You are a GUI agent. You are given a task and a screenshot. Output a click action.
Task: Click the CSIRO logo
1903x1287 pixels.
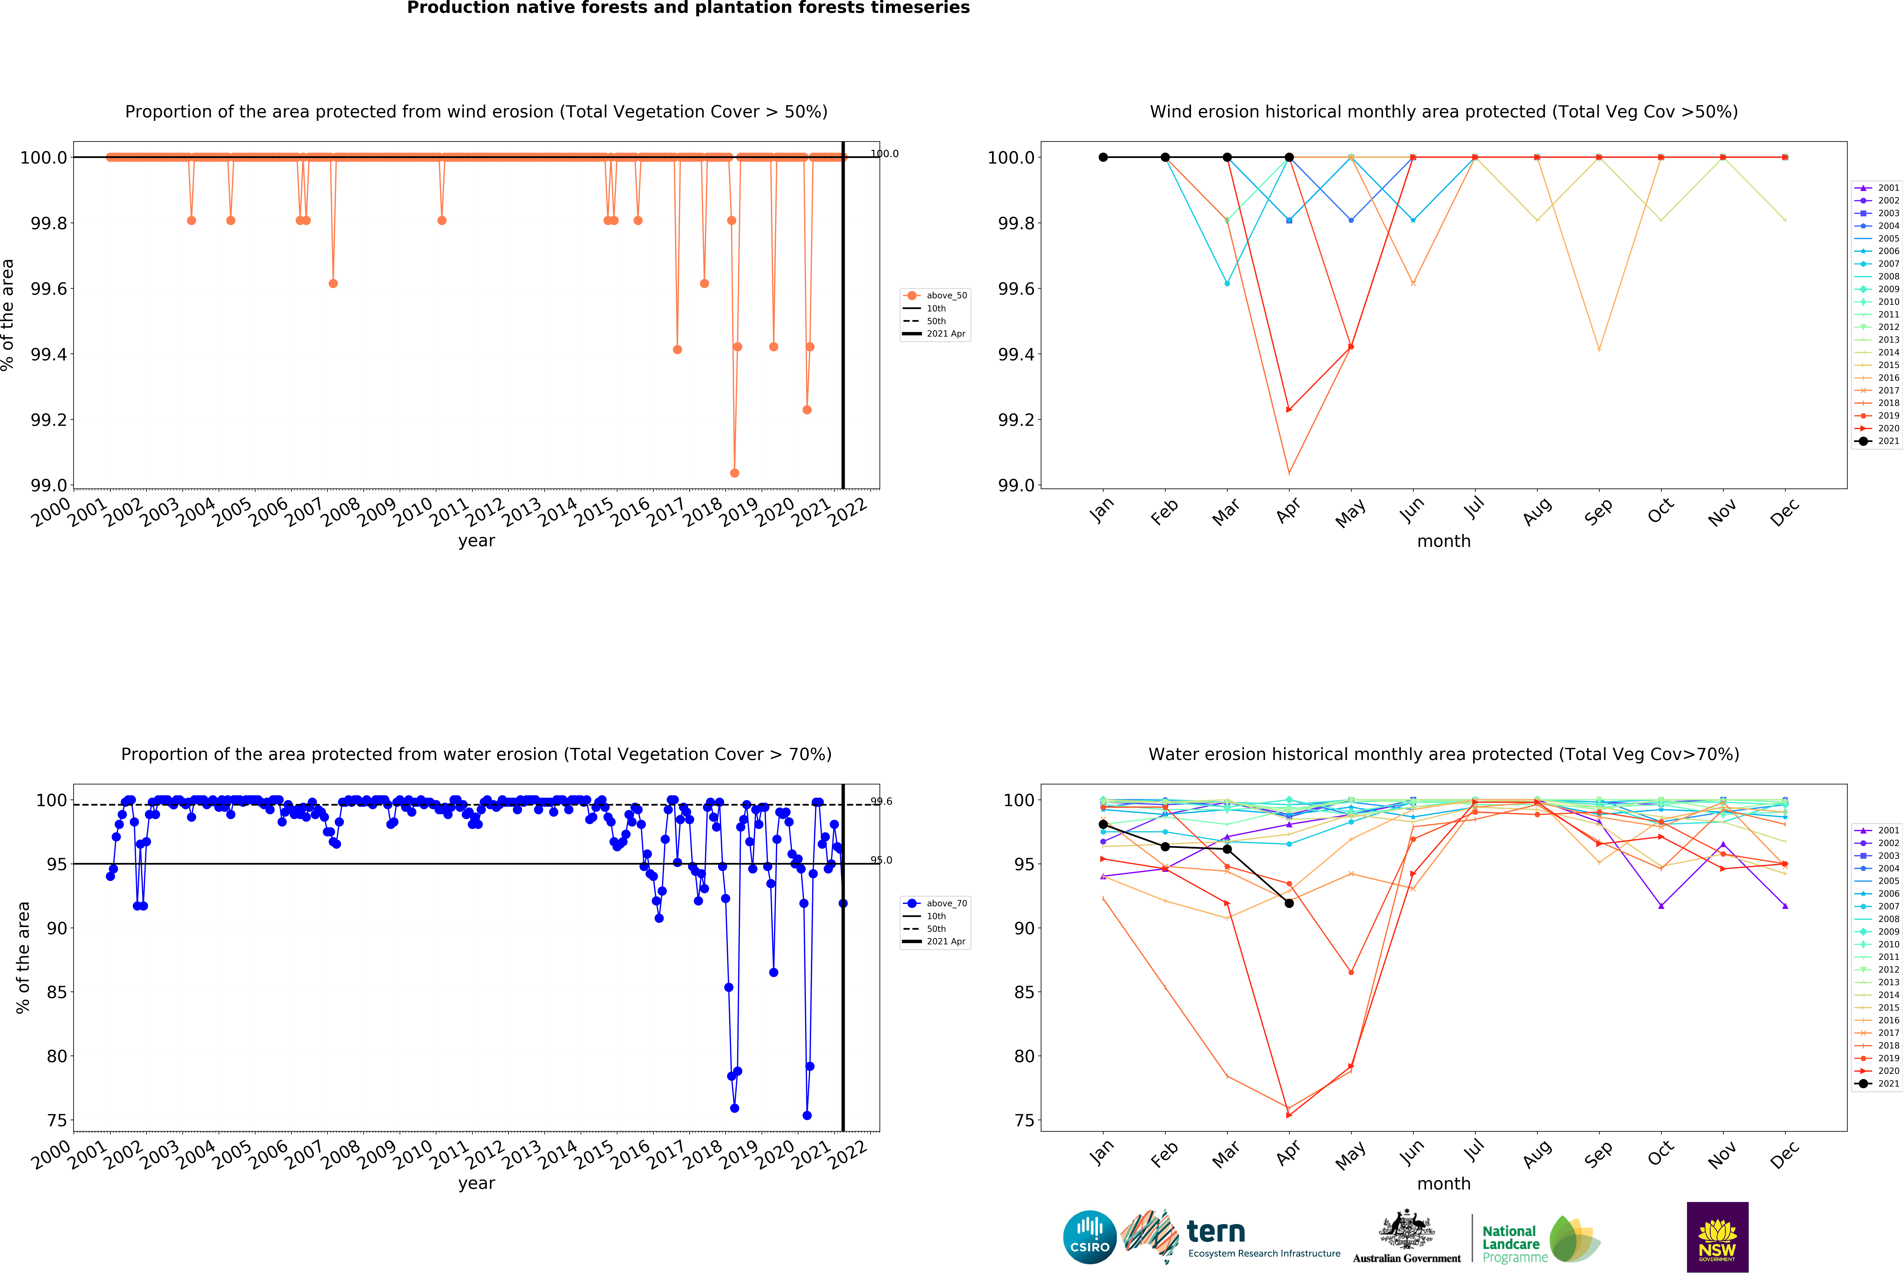coord(1089,1237)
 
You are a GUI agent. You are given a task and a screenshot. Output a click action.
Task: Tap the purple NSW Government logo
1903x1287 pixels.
coord(1717,1237)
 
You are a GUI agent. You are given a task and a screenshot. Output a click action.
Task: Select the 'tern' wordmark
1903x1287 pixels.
coord(1216,1231)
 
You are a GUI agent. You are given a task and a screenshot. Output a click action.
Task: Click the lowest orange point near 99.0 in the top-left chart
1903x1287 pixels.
coord(735,473)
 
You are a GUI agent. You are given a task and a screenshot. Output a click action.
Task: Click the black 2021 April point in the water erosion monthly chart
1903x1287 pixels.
coord(1289,903)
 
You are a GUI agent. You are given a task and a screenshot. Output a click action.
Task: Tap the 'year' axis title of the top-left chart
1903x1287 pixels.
coord(477,541)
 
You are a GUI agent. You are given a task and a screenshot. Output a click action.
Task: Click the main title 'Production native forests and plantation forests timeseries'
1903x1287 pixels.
coord(688,8)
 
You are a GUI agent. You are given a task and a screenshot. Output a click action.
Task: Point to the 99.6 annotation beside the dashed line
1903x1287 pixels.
coord(881,801)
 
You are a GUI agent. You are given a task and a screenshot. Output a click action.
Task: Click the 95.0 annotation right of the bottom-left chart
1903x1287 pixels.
coord(881,860)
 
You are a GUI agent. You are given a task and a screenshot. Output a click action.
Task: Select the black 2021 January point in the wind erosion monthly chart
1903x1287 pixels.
coord(1103,157)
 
